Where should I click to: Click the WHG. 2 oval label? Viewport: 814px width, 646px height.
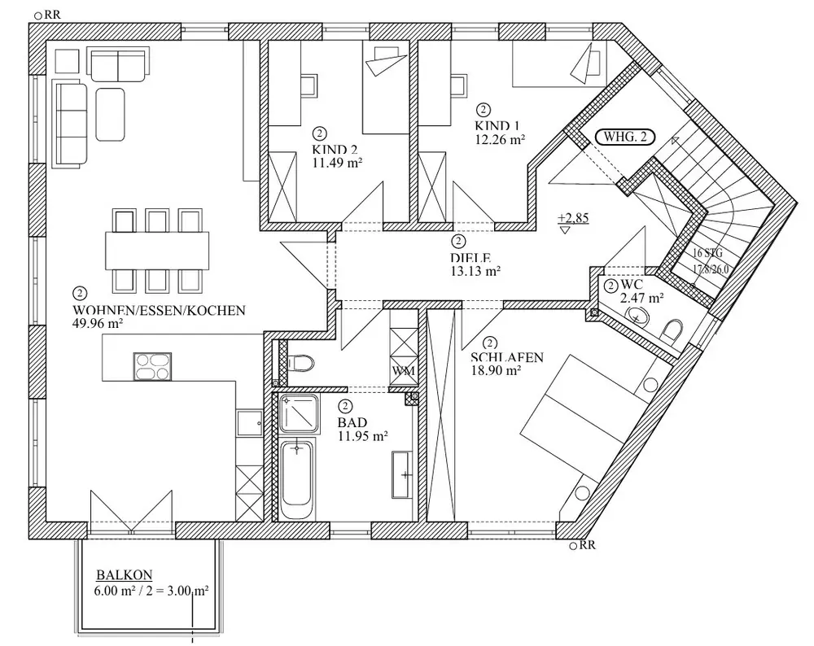(625, 137)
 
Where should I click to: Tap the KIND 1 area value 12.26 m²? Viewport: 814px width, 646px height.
(500, 139)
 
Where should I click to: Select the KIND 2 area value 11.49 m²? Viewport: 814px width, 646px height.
(337, 163)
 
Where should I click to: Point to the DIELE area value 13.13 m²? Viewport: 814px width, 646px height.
(475, 270)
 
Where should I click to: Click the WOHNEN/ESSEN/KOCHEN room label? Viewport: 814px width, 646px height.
(159, 310)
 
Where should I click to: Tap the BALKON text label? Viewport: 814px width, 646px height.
(125, 575)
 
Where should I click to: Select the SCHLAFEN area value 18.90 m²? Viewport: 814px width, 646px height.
(496, 370)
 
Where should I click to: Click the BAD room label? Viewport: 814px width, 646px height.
(352, 422)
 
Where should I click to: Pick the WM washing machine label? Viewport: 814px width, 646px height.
(404, 371)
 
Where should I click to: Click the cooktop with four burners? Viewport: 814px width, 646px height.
(153, 366)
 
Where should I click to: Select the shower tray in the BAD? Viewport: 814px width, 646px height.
(299, 413)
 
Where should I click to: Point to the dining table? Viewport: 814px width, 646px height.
(157, 251)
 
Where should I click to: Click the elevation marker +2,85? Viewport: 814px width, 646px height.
(573, 217)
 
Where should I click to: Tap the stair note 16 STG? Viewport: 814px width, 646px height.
(707, 254)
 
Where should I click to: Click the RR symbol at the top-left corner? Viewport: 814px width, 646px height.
(47, 15)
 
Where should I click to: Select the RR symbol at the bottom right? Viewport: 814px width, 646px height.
(583, 545)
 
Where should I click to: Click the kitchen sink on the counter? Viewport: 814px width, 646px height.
(250, 423)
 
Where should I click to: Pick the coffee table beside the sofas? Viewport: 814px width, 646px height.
(110, 114)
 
